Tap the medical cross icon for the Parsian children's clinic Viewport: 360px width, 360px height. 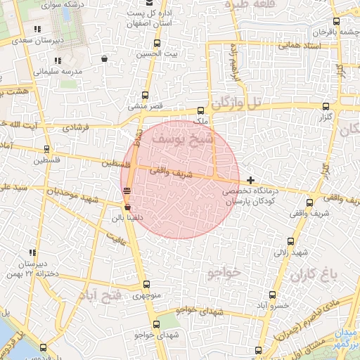click(250, 180)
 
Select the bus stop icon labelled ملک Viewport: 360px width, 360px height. click(200, 110)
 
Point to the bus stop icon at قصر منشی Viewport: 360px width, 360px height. click(146, 96)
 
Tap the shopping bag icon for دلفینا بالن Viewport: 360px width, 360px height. click(127, 207)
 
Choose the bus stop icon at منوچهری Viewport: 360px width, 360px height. click(146, 285)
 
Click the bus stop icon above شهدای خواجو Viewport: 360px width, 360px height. click(156, 325)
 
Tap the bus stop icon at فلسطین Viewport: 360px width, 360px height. click(46, 149)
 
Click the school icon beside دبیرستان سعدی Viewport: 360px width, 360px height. click(37, 30)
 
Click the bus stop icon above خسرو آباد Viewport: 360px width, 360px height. click(285, 296)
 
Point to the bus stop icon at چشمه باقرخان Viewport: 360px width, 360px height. click(337, 21)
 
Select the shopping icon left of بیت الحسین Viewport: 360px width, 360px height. click(105, 59)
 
